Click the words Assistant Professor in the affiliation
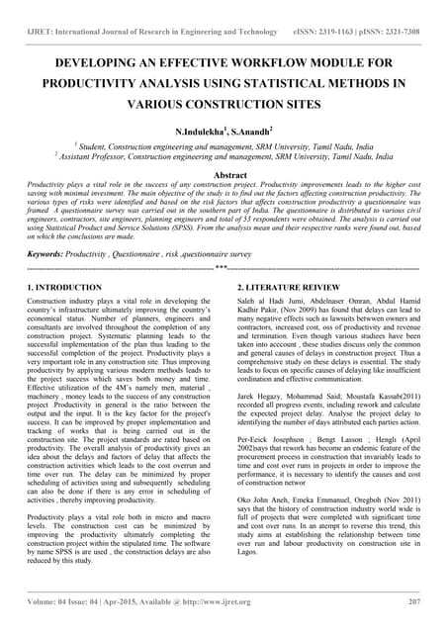[96, 155]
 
